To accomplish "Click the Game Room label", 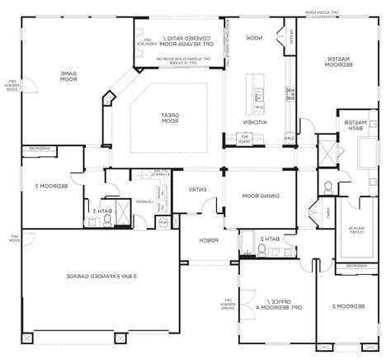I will coord(67,76).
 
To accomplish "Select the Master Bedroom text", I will coord(337,63).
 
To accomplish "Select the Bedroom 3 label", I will coord(40,187).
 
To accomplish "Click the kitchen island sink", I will coord(259,91).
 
